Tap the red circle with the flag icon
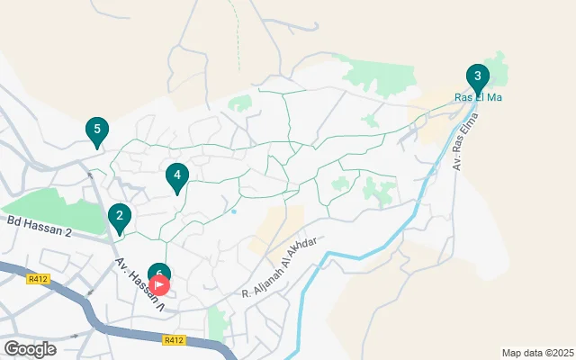(x=159, y=285)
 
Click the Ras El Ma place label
(x=477, y=97)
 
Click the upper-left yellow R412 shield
(x=38, y=279)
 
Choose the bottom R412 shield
(x=175, y=340)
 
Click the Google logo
(x=30, y=348)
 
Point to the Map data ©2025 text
(x=536, y=353)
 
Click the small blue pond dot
(x=233, y=212)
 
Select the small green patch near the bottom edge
(x=215, y=324)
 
